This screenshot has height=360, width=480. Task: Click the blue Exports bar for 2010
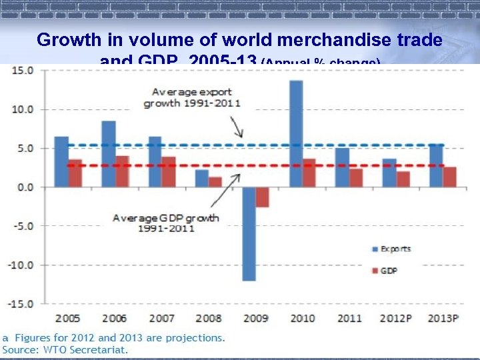295,133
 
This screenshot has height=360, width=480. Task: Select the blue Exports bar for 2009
249,233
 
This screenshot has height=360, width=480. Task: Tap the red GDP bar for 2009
262,197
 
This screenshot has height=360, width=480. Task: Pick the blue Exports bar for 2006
109,153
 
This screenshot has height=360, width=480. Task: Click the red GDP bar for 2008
215,181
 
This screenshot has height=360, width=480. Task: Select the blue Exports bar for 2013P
436,165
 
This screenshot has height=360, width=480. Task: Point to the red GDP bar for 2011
356,177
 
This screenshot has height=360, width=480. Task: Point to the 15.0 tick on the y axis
24,70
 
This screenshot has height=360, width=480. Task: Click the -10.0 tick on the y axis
21,265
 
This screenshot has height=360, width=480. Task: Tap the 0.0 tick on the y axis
25,187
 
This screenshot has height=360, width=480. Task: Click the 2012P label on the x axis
395,318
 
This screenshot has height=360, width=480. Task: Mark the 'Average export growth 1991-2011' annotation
193,97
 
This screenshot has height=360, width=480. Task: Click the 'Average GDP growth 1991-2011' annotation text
166,223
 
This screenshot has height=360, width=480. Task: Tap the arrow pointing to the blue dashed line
237,127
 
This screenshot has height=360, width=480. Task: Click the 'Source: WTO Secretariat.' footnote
65,349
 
